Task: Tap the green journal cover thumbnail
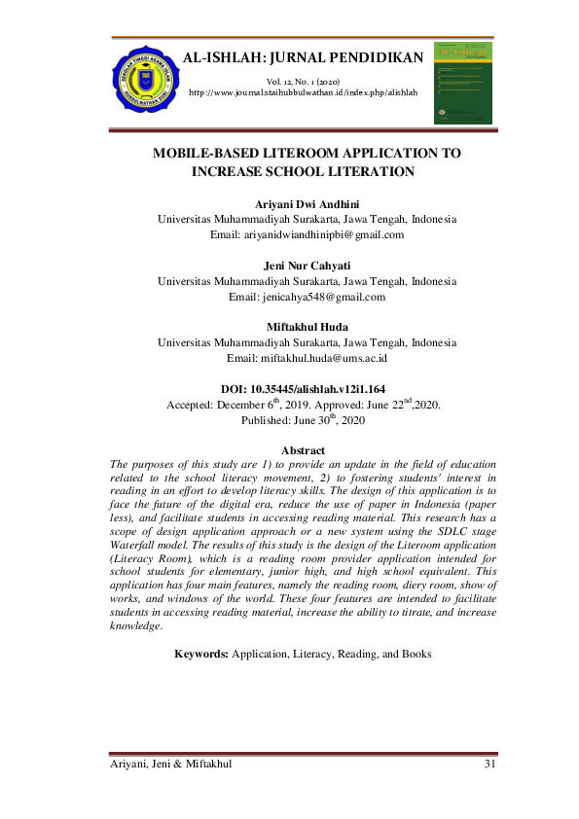pyautogui.click(x=462, y=82)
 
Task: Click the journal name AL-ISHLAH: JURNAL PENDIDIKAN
pyautogui.click(x=302, y=58)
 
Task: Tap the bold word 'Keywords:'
pyautogui.click(x=201, y=656)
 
